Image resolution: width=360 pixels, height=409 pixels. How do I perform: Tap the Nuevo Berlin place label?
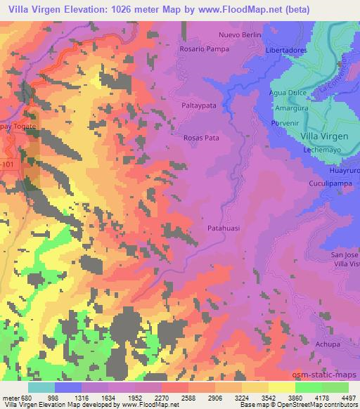[x=240, y=34]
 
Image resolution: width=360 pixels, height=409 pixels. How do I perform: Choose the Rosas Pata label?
[x=201, y=138]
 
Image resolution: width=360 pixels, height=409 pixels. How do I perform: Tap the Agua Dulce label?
[x=287, y=92]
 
